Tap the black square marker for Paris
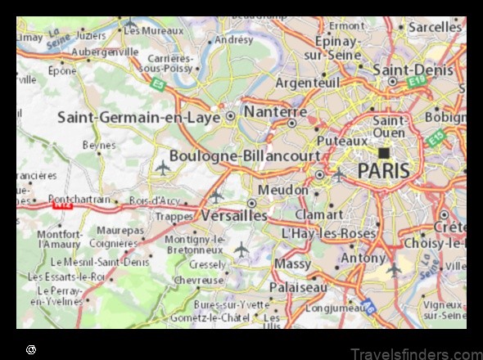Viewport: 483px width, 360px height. coord(383,153)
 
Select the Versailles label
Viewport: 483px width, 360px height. coord(234,214)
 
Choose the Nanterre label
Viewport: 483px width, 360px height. coord(276,111)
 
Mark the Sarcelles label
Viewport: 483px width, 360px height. coord(436,27)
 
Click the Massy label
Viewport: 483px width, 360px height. coord(292,264)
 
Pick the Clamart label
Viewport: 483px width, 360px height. coord(319,214)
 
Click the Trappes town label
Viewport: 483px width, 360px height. coord(174,217)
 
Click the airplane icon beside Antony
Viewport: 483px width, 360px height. coord(395,268)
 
